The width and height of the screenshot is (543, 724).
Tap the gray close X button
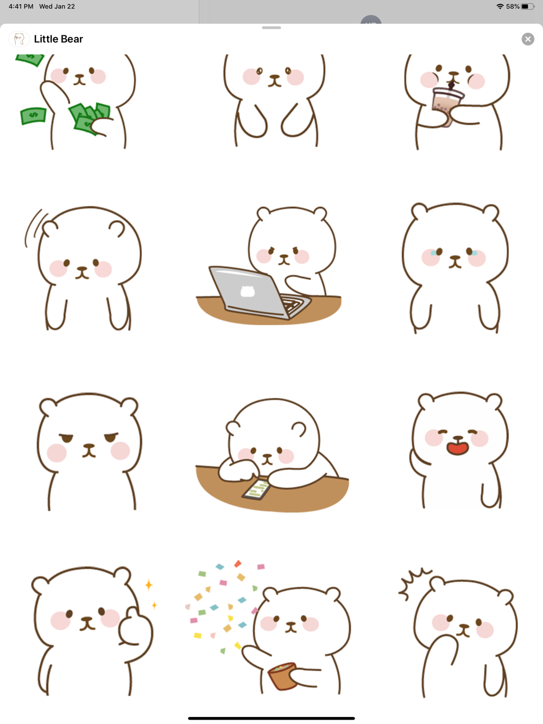528,39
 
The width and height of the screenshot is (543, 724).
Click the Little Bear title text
59,39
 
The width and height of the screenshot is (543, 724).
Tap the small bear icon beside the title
19,39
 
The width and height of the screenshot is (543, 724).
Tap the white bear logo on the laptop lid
248,291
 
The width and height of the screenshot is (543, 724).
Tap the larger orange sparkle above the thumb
149,585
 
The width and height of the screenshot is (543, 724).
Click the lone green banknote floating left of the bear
33,116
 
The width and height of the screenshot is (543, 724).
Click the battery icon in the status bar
528,7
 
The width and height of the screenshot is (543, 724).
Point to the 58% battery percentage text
513,7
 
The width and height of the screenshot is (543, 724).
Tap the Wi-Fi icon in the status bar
500,7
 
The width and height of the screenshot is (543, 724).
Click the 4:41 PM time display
21,7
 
